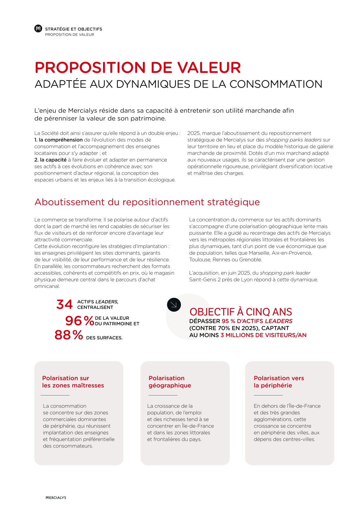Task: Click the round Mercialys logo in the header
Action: tap(38, 28)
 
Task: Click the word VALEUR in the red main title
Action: tap(209, 68)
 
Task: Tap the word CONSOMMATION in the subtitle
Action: tap(276, 84)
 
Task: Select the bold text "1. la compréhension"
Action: tap(58, 140)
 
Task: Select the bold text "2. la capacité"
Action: tap(50, 160)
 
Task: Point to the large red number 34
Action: tap(64, 305)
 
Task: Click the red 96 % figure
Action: tap(79, 321)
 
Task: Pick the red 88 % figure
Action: tap(69, 335)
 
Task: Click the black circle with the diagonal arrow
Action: tap(174, 305)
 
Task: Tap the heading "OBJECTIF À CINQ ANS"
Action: tap(241, 312)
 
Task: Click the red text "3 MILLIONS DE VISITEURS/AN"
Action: tap(263, 335)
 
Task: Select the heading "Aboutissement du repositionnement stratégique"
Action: tap(147, 202)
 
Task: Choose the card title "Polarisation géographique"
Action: tap(170, 382)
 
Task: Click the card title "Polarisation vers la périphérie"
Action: tap(278, 382)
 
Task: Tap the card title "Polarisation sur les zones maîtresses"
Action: tap(73, 382)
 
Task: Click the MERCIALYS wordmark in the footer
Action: tap(56, 498)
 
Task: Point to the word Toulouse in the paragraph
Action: tap(200, 260)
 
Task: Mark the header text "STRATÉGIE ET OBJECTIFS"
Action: tap(73, 29)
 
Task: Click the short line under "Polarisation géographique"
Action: tap(163, 395)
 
